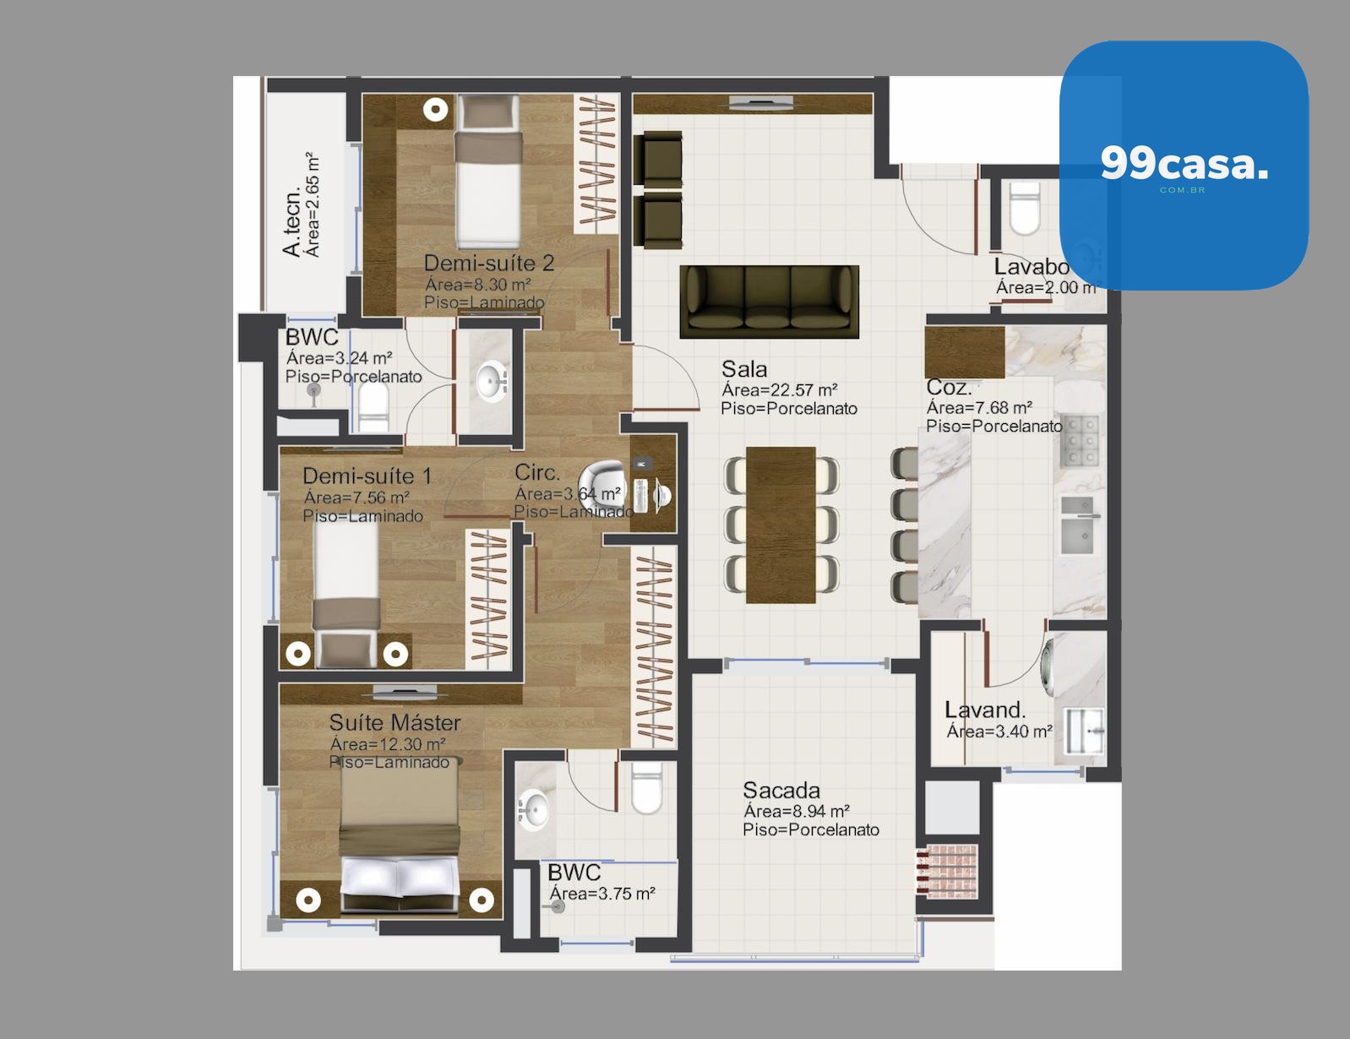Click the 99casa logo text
(x=1184, y=164)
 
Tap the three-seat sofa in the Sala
(x=769, y=302)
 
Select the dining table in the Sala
(x=781, y=525)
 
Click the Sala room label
(x=744, y=369)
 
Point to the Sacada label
(x=781, y=790)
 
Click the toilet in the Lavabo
(x=1025, y=208)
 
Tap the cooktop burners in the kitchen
(x=1080, y=442)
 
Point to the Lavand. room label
(x=985, y=710)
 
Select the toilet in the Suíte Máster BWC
(x=646, y=788)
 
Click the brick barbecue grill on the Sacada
(x=947, y=872)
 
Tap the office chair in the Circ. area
(x=602, y=487)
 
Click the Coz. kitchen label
(x=949, y=388)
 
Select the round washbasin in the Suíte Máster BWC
(x=534, y=809)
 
